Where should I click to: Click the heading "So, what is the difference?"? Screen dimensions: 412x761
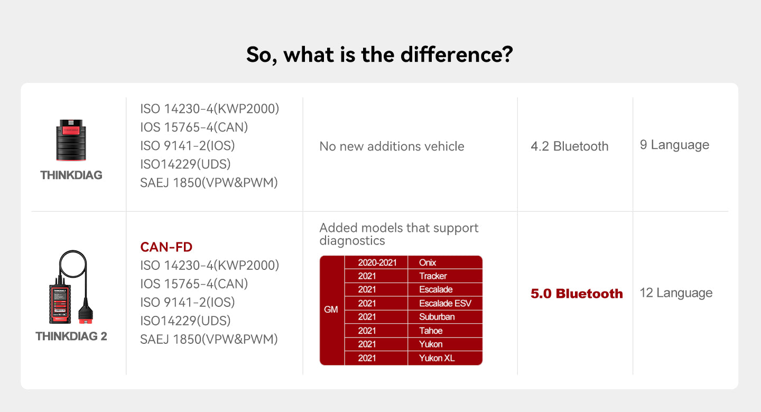[379, 55]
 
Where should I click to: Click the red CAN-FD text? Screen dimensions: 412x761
[166, 247]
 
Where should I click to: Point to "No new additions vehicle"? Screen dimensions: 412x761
[392, 146]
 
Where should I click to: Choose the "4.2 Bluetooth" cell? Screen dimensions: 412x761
[569, 146]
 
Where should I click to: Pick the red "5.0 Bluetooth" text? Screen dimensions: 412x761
[577, 294]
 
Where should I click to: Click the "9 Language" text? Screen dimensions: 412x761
[674, 145]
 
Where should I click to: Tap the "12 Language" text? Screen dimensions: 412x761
[676, 293]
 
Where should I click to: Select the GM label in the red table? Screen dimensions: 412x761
[331, 310]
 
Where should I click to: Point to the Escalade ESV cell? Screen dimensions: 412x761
[444, 303]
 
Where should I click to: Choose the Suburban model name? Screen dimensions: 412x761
[437, 317]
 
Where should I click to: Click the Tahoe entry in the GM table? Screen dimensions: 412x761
[431, 331]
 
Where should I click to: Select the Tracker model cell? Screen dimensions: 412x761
[433, 276]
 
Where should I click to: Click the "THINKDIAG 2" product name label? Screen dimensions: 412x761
[71, 336]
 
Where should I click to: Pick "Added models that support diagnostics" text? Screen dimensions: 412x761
[398, 234]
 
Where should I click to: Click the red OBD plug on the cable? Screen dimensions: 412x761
[85, 314]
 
